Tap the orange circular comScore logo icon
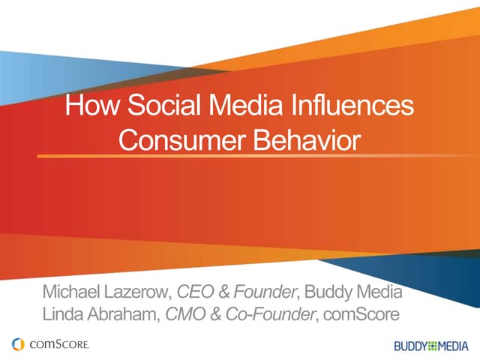point(19,344)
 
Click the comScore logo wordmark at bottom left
point(60,344)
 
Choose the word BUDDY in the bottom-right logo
point(409,346)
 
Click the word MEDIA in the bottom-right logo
point(452,346)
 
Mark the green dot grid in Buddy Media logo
point(431,346)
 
